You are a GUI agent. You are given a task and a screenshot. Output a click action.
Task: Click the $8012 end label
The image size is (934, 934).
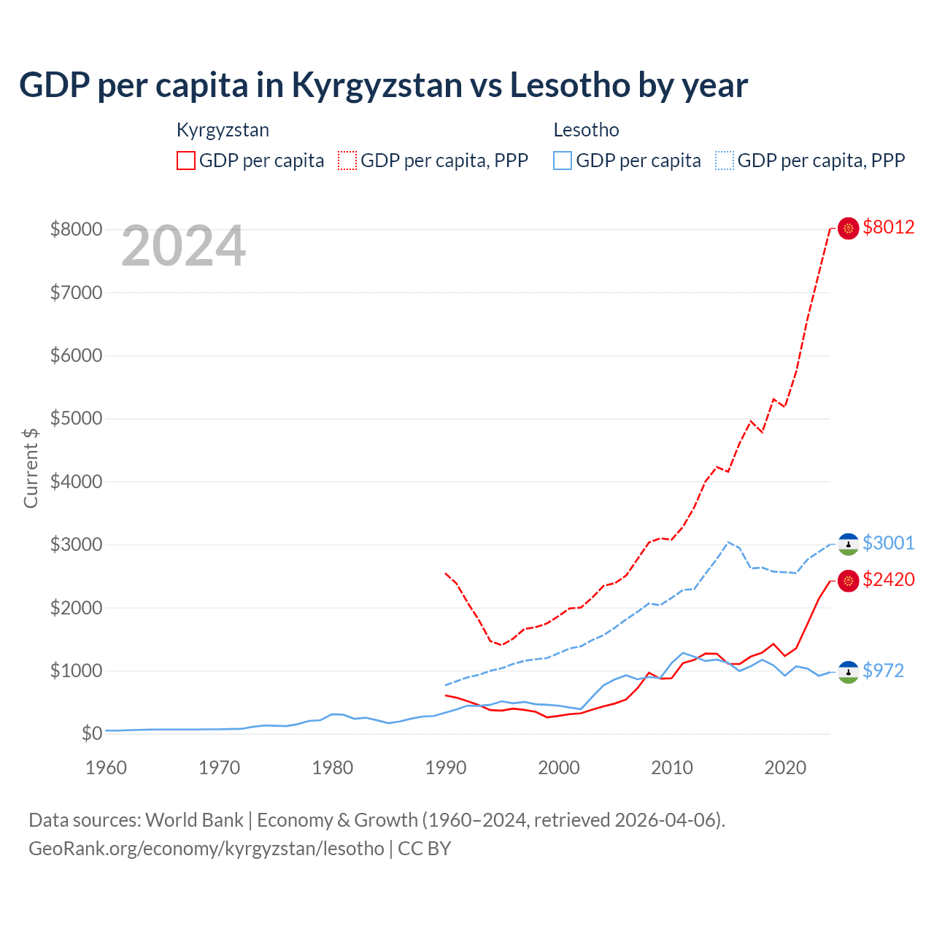pyautogui.click(x=888, y=227)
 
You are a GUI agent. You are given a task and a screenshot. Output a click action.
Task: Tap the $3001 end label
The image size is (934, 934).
pyautogui.click(x=888, y=543)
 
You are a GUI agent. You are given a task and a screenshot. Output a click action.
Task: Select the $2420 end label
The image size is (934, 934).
pyautogui.click(x=888, y=579)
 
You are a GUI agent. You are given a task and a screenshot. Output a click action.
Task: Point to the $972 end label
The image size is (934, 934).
pyautogui.click(x=883, y=671)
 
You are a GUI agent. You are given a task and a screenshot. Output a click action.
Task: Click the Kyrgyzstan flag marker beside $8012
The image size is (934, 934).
pyautogui.click(x=848, y=228)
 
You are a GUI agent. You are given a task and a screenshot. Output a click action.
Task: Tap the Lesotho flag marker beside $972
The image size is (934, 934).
pyautogui.click(x=848, y=672)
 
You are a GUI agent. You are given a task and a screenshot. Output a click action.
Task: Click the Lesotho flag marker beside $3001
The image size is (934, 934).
pyautogui.click(x=848, y=544)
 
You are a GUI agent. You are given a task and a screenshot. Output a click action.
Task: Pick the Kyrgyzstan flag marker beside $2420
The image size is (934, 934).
pyautogui.click(x=848, y=581)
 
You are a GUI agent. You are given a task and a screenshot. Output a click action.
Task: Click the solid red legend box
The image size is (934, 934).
pyautogui.click(x=186, y=161)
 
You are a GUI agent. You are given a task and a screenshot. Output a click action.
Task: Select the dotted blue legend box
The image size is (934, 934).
pyautogui.click(x=725, y=161)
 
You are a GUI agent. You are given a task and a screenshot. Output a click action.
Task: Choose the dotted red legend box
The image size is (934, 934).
pyautogui.click(x=347, y=161)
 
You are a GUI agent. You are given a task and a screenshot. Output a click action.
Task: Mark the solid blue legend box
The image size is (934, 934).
pyautogui.click(x=563, y=161)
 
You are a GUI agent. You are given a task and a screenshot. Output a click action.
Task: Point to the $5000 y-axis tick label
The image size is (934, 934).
pyautogui.click(x=76, y=418)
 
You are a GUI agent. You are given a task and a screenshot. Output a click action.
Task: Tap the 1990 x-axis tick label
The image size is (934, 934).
pyautogui.click(x=445, y=768)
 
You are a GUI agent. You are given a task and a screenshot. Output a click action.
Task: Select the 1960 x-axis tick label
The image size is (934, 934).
pyautogui.click(x=106, y=768)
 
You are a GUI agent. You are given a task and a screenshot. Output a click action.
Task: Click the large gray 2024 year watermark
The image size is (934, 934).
pyautogui.click(x=183, y=247)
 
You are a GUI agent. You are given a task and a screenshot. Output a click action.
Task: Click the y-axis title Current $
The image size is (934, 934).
pyautogui.click(x=31, y=468)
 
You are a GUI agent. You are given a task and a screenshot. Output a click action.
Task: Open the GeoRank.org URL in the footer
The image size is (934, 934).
pyautogui.click(x=206, y=849)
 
